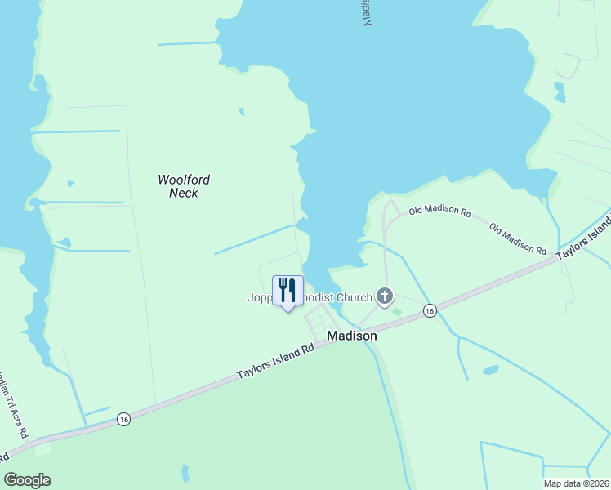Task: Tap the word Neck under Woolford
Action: pos(184,194)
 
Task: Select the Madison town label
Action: pos(352,336)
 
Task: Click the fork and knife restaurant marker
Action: pos(288,291)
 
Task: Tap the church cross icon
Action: pos(385,296)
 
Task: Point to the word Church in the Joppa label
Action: pos(352,297)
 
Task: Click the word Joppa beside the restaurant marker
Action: pos(261,297)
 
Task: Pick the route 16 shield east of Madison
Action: pos(430,310)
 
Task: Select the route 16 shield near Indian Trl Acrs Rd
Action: pos(123,419)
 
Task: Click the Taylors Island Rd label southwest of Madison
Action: pos(276,360)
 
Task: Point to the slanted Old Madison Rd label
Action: pos(518,238)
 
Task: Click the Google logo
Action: pos(28,480)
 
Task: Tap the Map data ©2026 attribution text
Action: pos(576,483)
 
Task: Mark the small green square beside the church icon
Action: pos(397,311)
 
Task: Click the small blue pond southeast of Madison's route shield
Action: pos(490,370)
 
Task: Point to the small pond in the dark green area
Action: pos(185,472)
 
